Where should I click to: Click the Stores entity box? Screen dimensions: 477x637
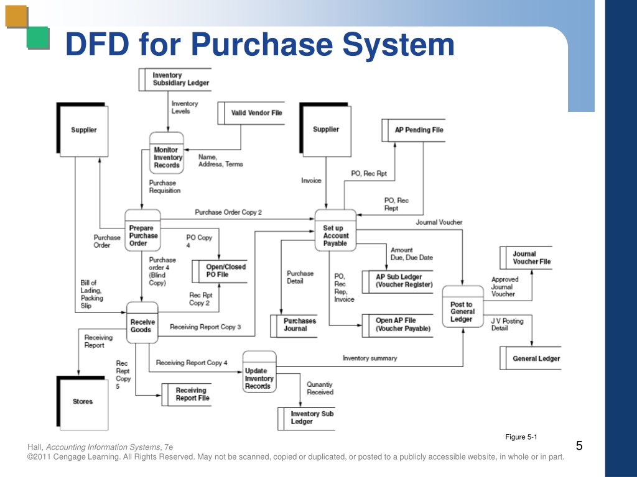tap(83, 401)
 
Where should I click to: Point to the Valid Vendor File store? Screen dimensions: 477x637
tap(256, 113)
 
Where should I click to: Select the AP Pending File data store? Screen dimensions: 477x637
tap(418, 130)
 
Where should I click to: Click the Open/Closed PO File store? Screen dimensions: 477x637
tap(225, 270)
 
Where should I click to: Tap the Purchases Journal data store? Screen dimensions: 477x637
tap(299, 325)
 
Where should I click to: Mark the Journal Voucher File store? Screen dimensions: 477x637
tap(531, 258)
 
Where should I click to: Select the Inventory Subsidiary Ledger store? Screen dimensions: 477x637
tap(180, 79)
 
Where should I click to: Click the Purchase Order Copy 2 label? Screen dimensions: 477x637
tap(228, 212)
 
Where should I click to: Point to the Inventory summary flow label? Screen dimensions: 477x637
tap(370, 358)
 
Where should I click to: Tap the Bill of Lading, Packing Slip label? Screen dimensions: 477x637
tap(92, 294)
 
